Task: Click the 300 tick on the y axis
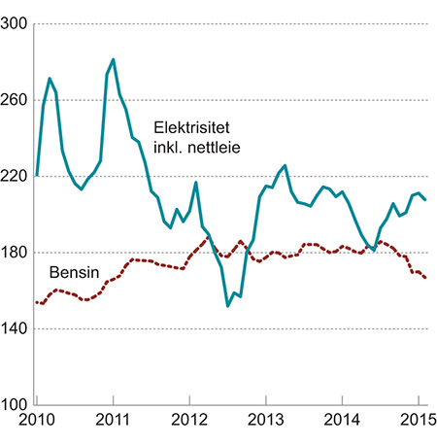pos(16,23)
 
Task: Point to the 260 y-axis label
pos(16,100)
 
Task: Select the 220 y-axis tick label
pos(16,177)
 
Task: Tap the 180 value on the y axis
pos(16,253)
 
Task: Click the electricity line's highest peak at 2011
pos(114,59)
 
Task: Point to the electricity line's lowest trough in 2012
pos(227,306)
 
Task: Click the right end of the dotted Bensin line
pos(425,279)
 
